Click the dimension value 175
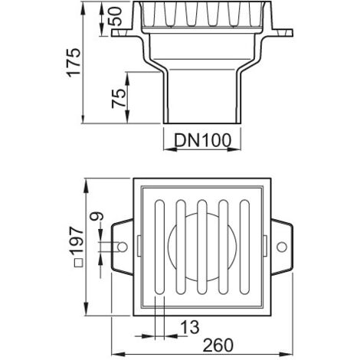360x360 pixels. tap(74, 62)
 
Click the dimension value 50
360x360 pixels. tap(115, 16)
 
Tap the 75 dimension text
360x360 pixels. tap(119, 99)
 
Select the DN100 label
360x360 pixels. tap(202, 140)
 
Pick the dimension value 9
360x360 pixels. tap(97, 216)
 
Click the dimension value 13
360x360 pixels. tap(190, 327)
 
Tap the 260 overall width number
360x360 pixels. tap(218, 345)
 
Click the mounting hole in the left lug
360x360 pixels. tap(123, 247)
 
